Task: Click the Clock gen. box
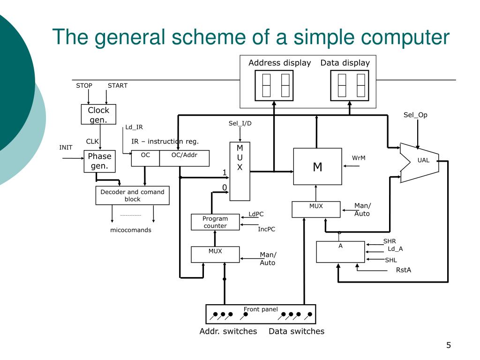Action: click(98, 114)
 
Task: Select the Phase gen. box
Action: click(99, 161)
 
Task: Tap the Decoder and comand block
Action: click(133, 195)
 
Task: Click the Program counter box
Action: click(215, 222)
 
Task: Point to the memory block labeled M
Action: click(317, 166)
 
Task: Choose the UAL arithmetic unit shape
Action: click(420, 162)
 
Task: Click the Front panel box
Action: click(261, 314)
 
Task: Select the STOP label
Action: click(84, 85)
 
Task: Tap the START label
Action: click(118, 85)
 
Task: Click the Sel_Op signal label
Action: click(415, 115)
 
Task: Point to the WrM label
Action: click(359, 158)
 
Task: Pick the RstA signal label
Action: click(404, 270)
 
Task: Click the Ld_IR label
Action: click(134, 127)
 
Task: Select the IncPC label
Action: click(267, 229)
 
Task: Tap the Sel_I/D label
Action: click(240, 123)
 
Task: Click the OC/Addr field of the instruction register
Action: click(184, 158)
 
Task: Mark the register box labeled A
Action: click(340, 252)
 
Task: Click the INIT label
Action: click(66, 147)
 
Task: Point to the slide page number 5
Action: click(449, 345)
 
